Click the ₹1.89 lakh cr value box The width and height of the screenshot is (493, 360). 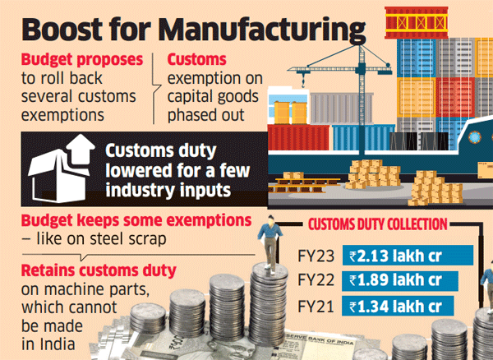point(403,280)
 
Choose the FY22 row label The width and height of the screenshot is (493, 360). point(318,280)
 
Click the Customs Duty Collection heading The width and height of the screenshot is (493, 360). point(378,224)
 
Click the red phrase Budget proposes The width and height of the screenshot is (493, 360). point(78,61)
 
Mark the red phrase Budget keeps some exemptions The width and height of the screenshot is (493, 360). point(124,220)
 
